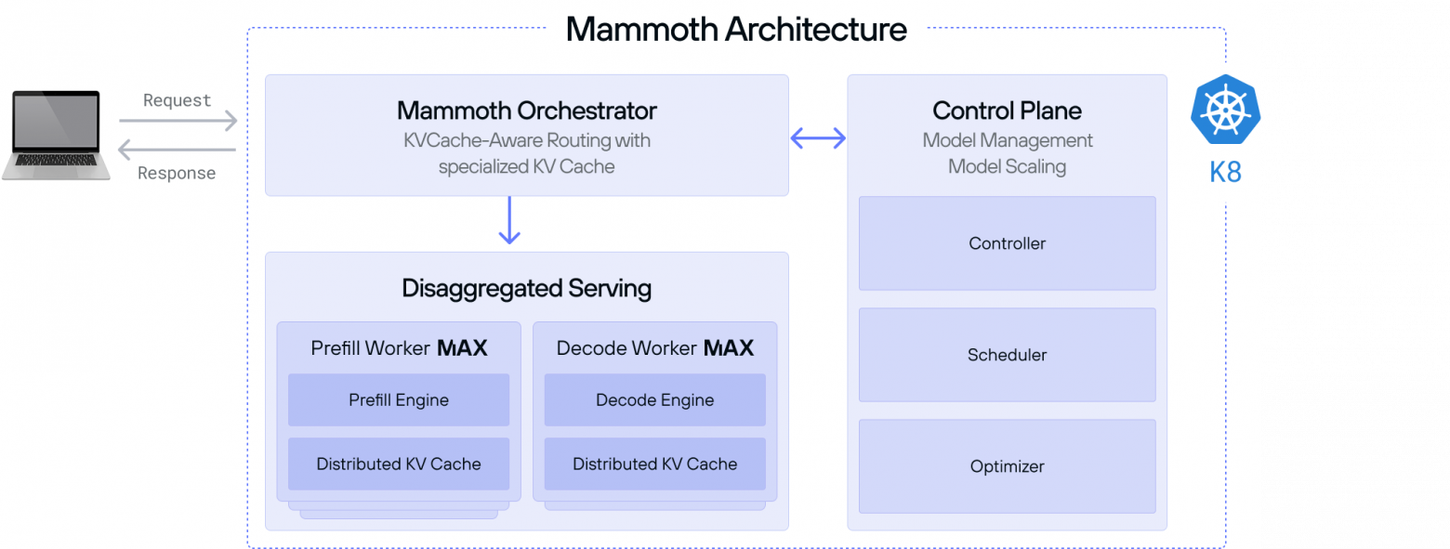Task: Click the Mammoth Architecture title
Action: (735, 29)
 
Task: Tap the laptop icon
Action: (56, 135)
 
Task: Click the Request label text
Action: (177, 100)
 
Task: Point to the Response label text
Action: (177, 173)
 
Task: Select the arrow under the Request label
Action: (178, 121)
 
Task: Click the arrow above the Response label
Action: (177, 150)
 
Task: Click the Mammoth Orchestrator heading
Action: (526, 111)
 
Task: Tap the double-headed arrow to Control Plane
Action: (818, 138)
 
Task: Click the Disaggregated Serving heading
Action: (526, 288)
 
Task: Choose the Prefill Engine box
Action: (399, 400)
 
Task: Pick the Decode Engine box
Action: (654, 400)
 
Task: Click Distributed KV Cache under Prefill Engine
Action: (399, 464)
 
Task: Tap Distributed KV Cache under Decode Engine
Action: (654, 464)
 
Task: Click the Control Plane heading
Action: (1007, 111)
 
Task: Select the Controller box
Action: (1007, 243)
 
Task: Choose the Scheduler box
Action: (1007, 355)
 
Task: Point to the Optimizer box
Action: (1007, 466)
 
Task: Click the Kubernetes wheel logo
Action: (1225, 111)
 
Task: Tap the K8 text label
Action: (1225, 173)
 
